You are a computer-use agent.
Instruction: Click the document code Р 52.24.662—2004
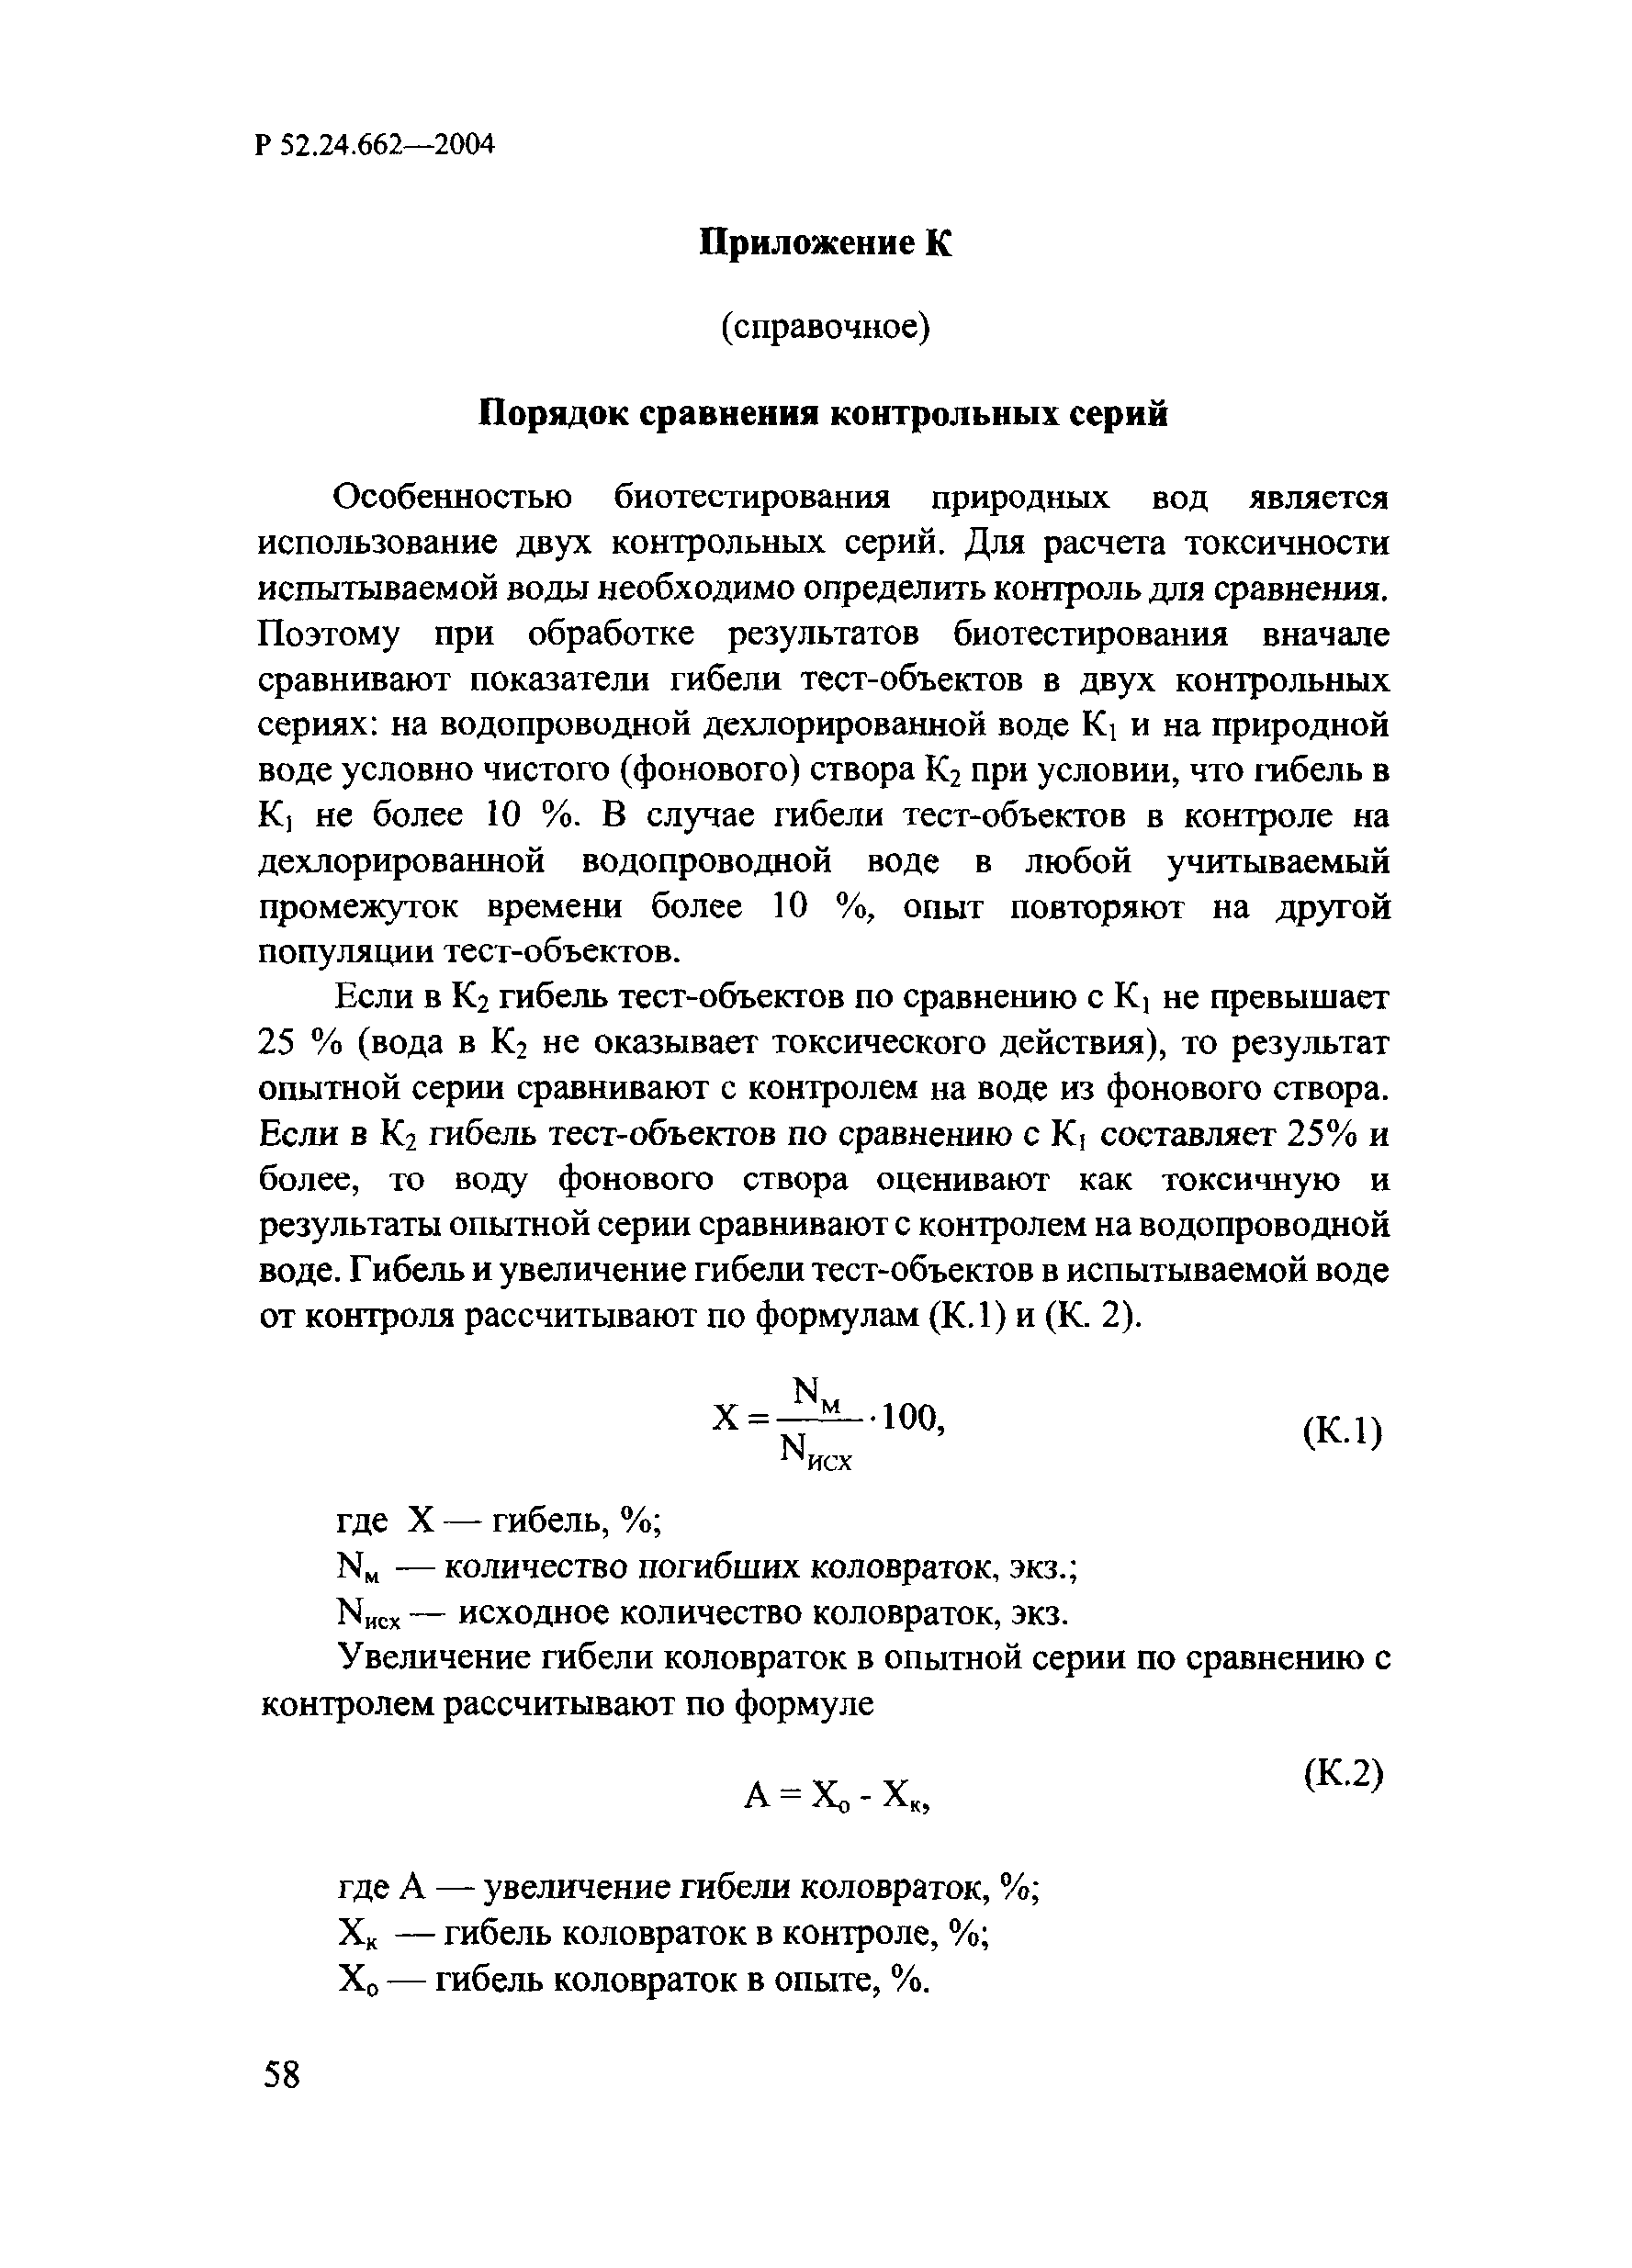(x=375, y=145)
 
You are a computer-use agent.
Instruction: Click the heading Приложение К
(x=825, y=244)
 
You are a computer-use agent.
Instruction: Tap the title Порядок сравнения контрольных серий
(x=823, y=413)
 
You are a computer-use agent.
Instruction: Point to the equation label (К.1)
(x=1343, y=1433)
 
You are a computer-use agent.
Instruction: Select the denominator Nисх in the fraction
(x=816, y=1451)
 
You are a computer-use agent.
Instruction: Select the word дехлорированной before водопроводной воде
(x=401, y=861)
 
